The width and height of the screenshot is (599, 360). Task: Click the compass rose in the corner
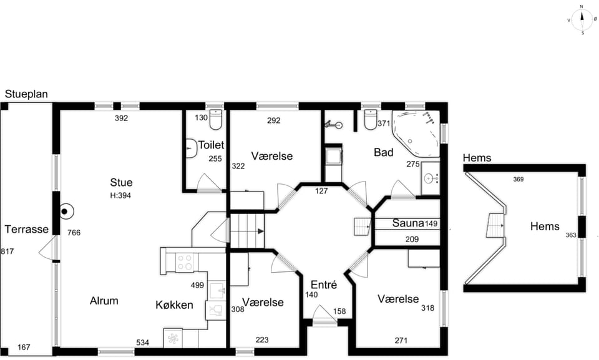point(582,19)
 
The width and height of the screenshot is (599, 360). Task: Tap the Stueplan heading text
point(26,94)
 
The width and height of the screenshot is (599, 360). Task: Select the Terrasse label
point(26,230)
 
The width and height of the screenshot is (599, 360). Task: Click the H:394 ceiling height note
point(120,195)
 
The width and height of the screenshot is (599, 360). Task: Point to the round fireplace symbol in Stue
point(65,212)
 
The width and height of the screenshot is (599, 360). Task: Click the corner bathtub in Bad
point(416,134)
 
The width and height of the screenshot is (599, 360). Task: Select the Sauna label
point(408,223)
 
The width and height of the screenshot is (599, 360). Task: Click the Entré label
point(324,285)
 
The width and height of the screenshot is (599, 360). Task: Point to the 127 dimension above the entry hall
point(321,191)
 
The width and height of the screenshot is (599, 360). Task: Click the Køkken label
point(174,305)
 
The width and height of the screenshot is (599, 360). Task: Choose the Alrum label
point(104,301)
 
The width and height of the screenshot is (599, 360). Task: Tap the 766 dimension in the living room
point(74,232)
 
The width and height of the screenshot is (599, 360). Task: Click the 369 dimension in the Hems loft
point(518,179)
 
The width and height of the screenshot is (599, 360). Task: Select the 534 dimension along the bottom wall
point(142,343)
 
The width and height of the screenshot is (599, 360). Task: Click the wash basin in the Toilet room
point(191,148)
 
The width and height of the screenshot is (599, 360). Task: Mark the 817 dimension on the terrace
point(7,251)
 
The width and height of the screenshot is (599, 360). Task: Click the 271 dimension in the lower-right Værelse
point(401,340)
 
